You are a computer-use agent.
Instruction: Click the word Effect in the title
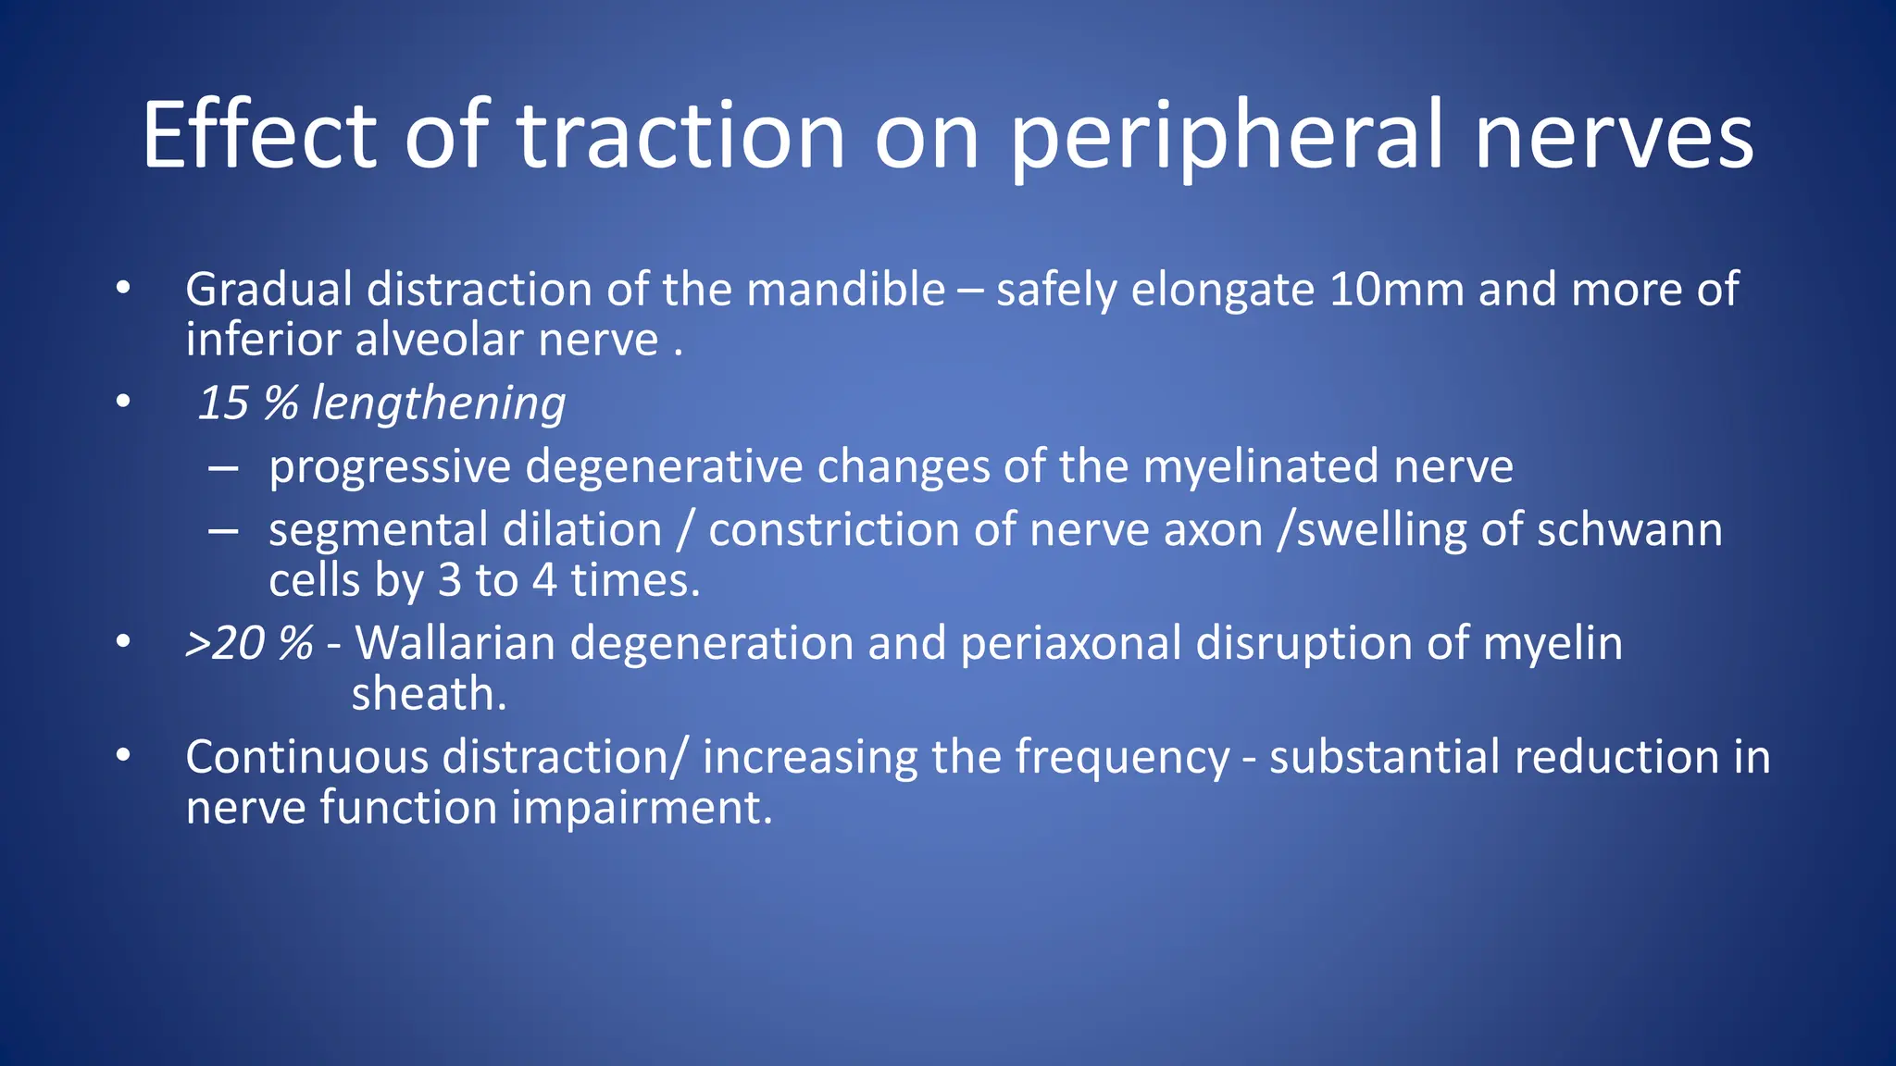point(258,136)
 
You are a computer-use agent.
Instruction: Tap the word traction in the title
point(680,136)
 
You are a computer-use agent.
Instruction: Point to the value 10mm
point(1396,290)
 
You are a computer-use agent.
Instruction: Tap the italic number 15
point(223,403)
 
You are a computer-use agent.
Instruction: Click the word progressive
point(389,467)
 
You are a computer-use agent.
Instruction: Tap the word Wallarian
point(455,643)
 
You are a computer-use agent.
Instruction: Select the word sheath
point(429,694)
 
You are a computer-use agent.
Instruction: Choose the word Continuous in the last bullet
point(306,757)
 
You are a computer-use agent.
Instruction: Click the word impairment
point(641,809)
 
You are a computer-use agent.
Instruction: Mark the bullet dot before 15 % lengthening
point(123,403)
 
